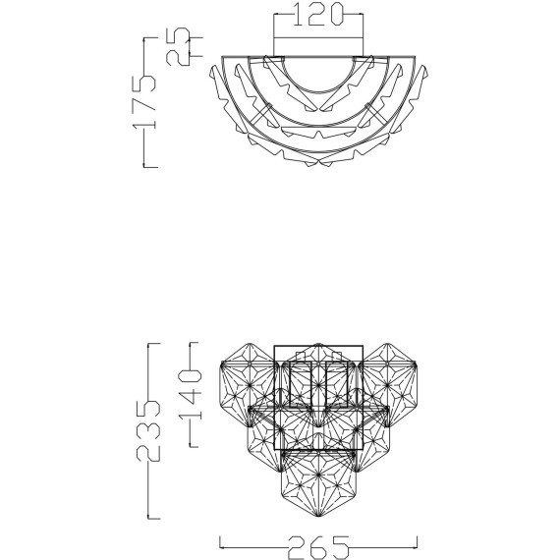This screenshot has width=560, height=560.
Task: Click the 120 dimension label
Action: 318,15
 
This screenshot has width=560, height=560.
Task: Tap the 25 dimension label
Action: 178,46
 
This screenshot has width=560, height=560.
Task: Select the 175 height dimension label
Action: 143,102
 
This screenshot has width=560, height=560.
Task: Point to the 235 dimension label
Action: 149,430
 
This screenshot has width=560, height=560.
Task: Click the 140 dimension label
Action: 191,395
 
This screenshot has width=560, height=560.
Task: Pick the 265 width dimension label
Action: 318,547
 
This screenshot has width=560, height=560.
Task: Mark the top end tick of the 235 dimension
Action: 154,344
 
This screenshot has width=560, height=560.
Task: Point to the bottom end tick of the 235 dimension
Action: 154,518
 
